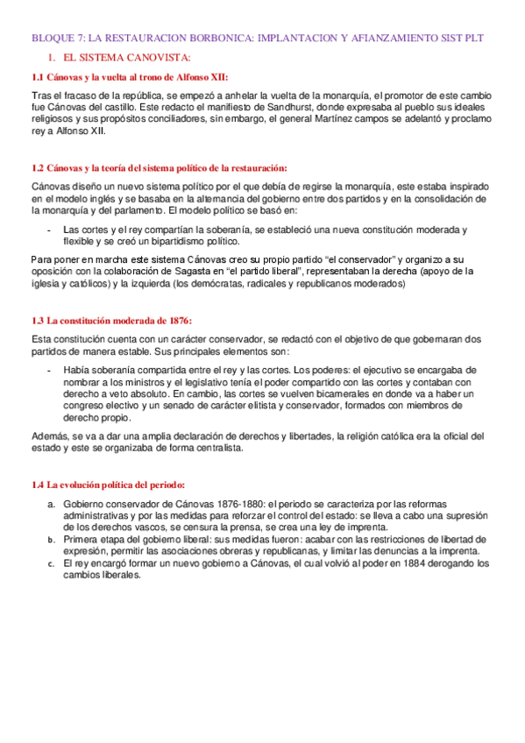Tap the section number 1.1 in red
38,77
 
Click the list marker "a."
52,505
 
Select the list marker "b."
52,541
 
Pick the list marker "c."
52,565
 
